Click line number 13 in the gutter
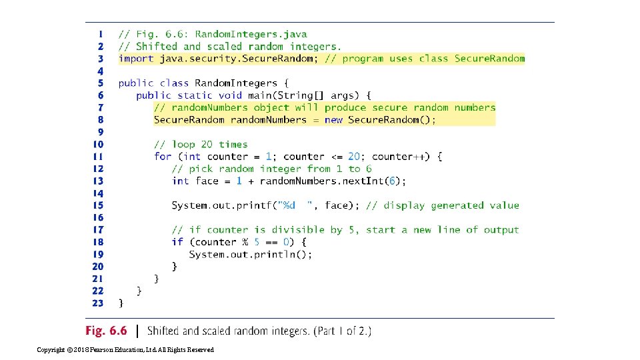(99, 181)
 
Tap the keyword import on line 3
(136, 59)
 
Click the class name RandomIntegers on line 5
(236, 83)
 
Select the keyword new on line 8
(333, 120)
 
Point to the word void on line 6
(230, 95)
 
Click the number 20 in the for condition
(354, 157)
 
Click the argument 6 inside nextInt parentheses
(392, 181)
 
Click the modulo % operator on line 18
(245, 242)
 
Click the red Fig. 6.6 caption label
(106, 331)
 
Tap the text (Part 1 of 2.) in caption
(343, 331)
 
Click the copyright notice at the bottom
(125, 350)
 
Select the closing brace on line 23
(121, 303)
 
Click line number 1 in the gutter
(101, 34)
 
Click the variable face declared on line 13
(207, 181)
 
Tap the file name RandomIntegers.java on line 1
(251, 34)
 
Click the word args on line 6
(342, 96)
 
